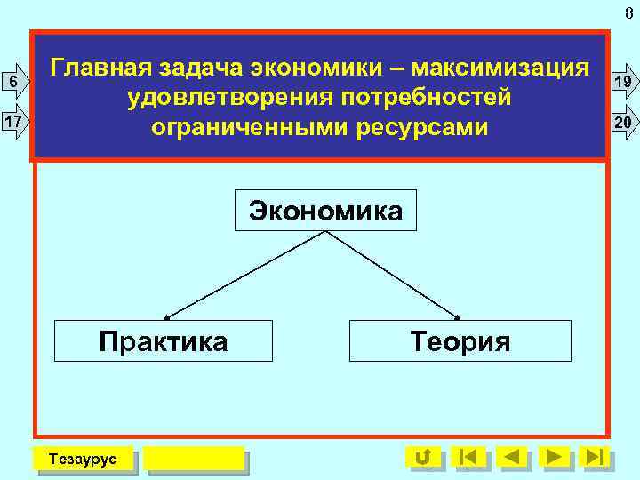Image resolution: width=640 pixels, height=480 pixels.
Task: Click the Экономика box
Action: pos(325,211)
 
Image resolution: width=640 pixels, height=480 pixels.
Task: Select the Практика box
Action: pos(164,340)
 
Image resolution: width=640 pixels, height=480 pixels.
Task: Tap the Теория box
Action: pos(460,340)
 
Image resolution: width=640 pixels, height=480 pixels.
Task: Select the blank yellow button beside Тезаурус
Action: pos(194,459)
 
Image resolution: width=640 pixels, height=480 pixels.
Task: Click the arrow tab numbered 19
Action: pos(623,83)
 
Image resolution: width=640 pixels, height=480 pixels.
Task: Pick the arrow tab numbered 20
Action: pos(623,122)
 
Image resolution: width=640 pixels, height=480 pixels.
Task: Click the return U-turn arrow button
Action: pos(423,457)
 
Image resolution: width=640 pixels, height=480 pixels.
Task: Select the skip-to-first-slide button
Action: pos(468,457)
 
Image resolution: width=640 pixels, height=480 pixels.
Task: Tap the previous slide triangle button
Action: pos(511,457)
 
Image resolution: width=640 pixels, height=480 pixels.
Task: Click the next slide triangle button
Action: pos(555,457)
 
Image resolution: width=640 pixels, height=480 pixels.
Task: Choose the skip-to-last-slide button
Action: pos(595,457)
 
